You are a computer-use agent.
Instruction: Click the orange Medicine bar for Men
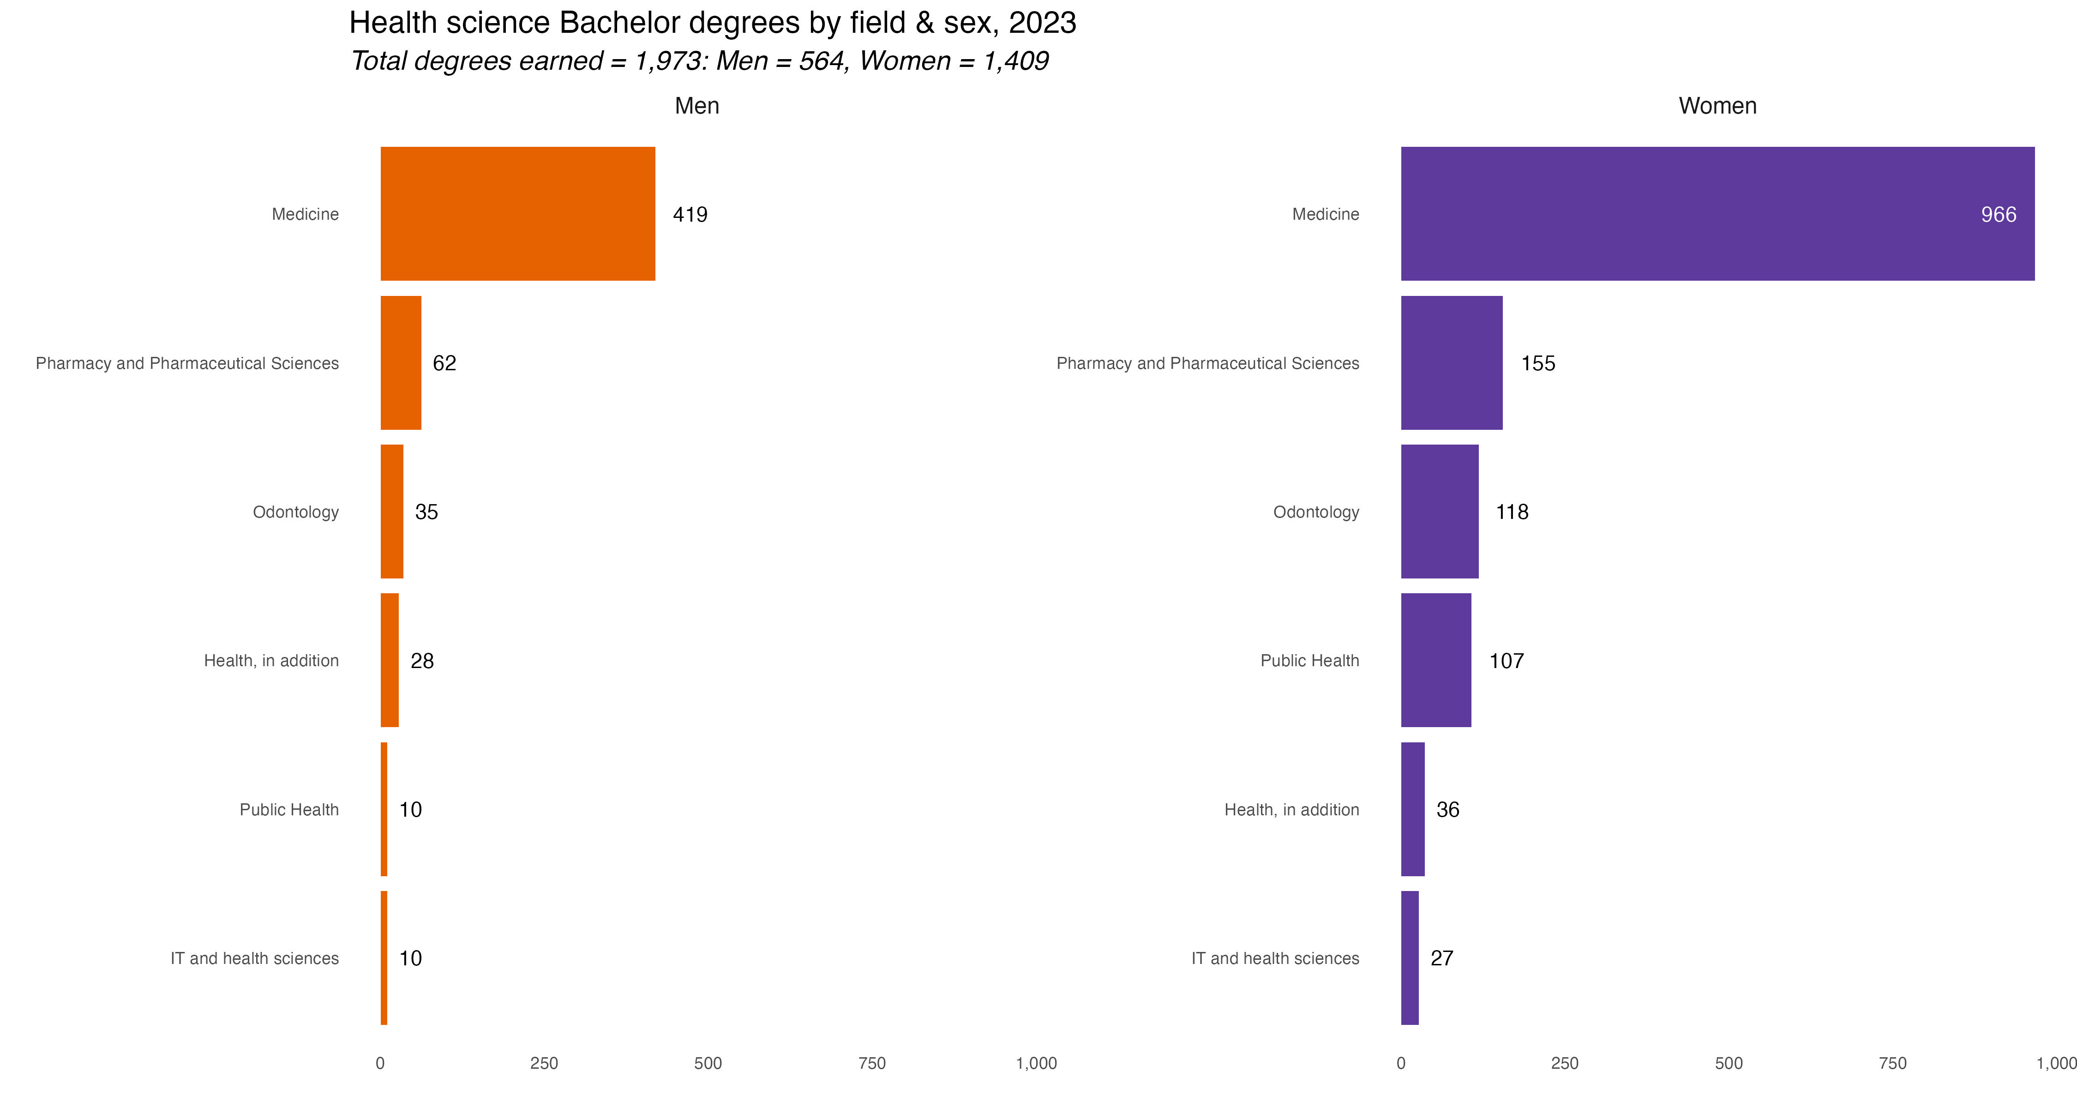tap(518, 214)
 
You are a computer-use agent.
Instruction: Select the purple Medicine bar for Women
tap(1717, 214)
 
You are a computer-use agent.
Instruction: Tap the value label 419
tap(690, 215)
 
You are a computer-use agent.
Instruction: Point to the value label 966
tap(1999, 215)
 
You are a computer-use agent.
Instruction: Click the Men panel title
tap(696, 106)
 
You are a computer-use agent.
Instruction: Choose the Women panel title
tap(1717, 106)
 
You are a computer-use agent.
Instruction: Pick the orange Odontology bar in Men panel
tap(392, 511)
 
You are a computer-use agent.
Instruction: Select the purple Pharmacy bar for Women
tap(1452, 363)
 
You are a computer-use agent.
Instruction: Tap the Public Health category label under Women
tap(1309, 661)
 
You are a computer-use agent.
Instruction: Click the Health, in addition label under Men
tap(271, 661)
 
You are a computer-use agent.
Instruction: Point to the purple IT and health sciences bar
tap(1410, 958)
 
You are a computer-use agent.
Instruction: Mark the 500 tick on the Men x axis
tap(708, 1063)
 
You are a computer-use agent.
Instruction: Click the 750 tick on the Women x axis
tap(1892, 1063)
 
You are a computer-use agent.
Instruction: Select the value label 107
tap(1506, 661)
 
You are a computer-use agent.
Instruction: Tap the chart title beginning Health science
tap(713, 23)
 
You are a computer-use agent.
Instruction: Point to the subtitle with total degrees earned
tap(699, 60)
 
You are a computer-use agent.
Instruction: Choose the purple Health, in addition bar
tap(1413, 809)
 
